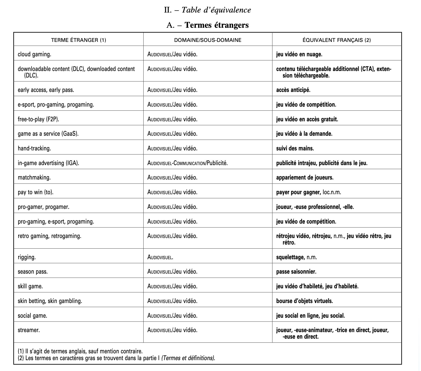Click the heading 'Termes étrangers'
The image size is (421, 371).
[216, 25]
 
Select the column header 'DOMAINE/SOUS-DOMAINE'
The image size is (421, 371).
[208, 40]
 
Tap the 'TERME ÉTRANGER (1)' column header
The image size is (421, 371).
[79, 40]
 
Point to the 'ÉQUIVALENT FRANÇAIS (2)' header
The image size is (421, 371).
[337, 40]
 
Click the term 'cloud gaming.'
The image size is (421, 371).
[35, 54]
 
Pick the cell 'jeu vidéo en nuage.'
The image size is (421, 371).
[299, 54]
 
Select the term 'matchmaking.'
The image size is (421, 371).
[34, 178]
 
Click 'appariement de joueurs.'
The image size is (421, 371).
[305, 178]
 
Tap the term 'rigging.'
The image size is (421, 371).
[27, 257]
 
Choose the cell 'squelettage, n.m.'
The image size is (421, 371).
[296, 257]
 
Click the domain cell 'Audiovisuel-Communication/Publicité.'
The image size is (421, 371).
[187, 163]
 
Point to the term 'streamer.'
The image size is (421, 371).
[29, 330]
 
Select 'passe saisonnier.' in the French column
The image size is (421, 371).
[296, 272]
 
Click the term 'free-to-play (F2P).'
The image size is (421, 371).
[38, 119]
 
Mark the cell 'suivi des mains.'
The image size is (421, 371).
[295, 149]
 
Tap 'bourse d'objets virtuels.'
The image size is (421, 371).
[304, 301]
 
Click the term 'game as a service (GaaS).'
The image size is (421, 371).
[48, 134]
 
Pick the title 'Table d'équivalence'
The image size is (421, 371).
[216, 10]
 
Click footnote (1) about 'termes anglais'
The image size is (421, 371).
[80, 351]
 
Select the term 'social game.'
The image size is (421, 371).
[32, 316]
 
